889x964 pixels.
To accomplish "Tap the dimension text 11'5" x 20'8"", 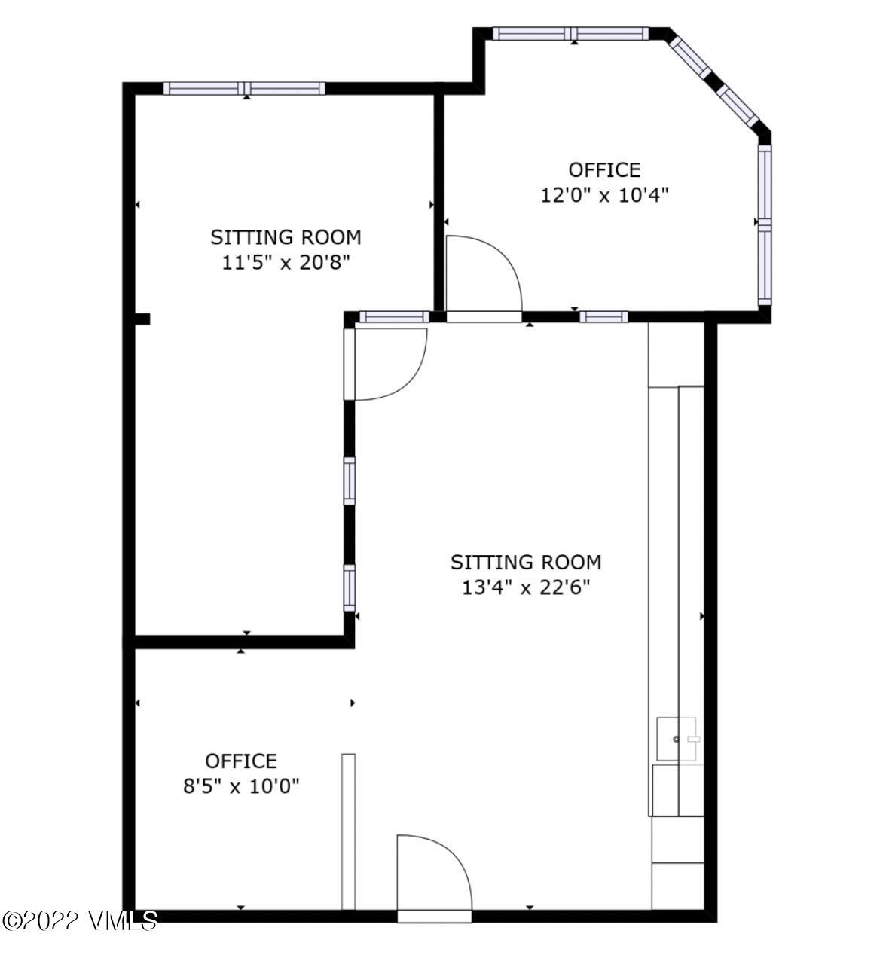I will pos(286,263).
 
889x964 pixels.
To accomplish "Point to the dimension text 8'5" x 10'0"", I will pos(241,786).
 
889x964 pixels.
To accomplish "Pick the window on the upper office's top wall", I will pos(571,33).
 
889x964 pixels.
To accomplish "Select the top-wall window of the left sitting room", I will pos(244,88).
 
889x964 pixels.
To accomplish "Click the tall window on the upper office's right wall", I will pos(765,224).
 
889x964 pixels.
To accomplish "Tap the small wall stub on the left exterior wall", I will pos(142,319).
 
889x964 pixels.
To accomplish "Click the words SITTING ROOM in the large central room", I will pos(526,562).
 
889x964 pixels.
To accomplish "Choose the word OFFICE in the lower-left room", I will pos(241,761).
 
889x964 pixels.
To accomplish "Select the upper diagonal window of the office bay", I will pos(690,56).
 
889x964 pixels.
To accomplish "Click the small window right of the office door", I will pos(603,316).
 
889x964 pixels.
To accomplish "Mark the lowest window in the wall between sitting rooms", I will pos(350,587).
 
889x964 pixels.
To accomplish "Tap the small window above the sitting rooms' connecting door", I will pos(393,316).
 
